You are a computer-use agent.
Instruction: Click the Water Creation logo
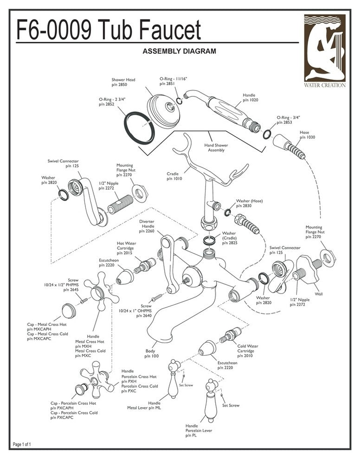324,51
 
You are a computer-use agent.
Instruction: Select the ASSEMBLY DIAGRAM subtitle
179,51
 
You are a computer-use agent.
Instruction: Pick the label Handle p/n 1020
250,97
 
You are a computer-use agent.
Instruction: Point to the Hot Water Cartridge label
126,248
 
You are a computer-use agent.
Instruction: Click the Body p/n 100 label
151,353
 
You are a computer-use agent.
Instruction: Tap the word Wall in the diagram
319,294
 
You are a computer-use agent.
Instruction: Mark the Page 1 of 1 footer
23,445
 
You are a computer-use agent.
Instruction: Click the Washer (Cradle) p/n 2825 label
229,238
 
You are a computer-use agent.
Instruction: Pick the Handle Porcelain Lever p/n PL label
199,431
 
